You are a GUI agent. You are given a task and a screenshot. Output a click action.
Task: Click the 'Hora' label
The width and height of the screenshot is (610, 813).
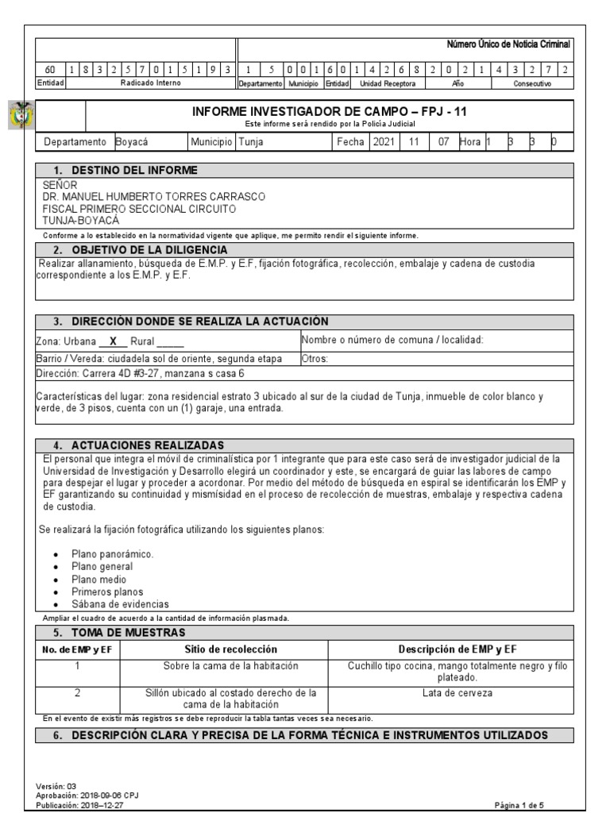click(469, 142)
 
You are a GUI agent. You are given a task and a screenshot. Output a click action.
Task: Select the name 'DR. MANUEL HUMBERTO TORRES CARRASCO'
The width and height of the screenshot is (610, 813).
click(154, 196)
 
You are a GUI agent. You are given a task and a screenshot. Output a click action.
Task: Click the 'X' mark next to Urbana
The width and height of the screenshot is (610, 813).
click(113, 341)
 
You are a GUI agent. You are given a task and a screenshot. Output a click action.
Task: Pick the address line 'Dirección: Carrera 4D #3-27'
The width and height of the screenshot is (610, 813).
click(141, 372)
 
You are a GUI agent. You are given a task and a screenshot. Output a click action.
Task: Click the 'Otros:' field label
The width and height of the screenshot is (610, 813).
click(315, 358)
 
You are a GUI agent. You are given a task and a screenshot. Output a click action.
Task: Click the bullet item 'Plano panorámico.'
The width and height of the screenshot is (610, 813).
click(112, 553)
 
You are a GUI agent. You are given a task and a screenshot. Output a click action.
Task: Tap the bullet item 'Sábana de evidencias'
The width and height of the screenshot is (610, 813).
click(120, 604)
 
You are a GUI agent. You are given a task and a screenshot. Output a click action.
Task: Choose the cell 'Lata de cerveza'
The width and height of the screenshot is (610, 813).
click(457, 693)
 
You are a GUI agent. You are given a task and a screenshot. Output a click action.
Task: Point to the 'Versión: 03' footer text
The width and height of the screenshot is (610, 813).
click(57, 786)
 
